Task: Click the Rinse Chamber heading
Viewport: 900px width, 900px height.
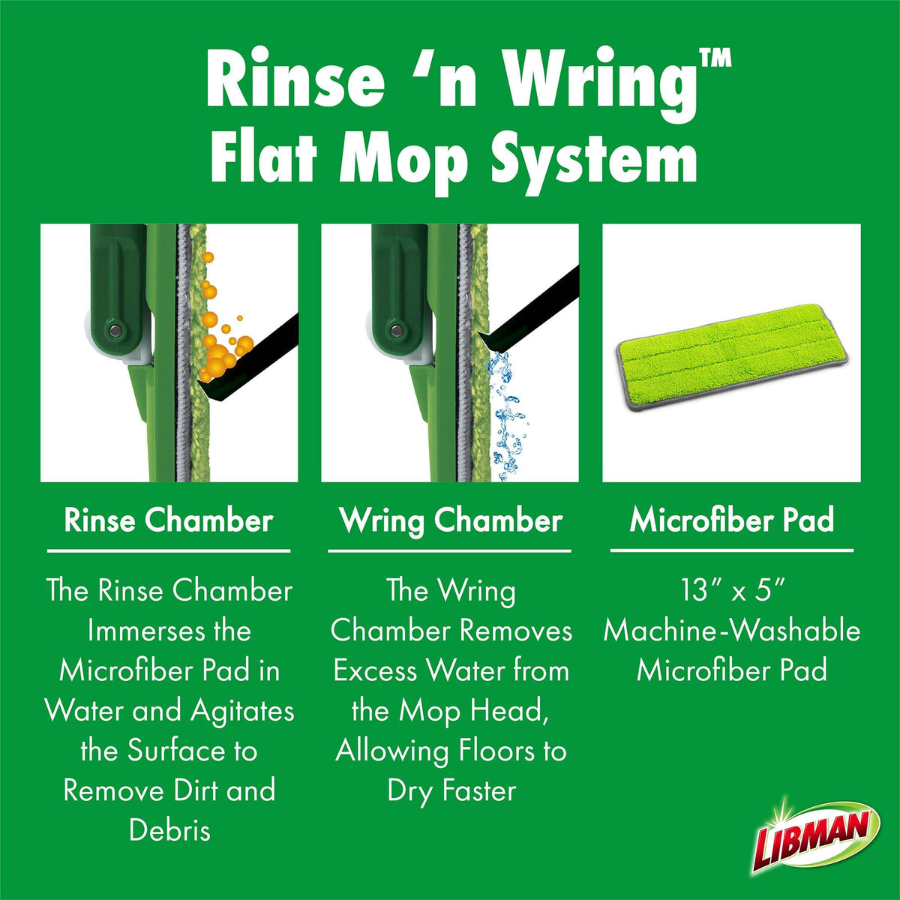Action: (169, 520)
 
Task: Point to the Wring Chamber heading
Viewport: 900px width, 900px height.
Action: (451, 520)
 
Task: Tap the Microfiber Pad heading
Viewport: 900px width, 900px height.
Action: (731, 520)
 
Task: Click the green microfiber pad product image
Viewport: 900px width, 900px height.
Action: (732, 357)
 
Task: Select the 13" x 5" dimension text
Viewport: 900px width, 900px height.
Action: (731, 590)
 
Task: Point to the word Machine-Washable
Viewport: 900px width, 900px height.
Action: (731, 631)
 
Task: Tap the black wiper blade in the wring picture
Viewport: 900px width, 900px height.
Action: (528, 308)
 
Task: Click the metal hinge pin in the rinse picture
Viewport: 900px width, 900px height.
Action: (115, 331)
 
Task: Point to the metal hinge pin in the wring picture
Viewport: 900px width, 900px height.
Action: (396, 331)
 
